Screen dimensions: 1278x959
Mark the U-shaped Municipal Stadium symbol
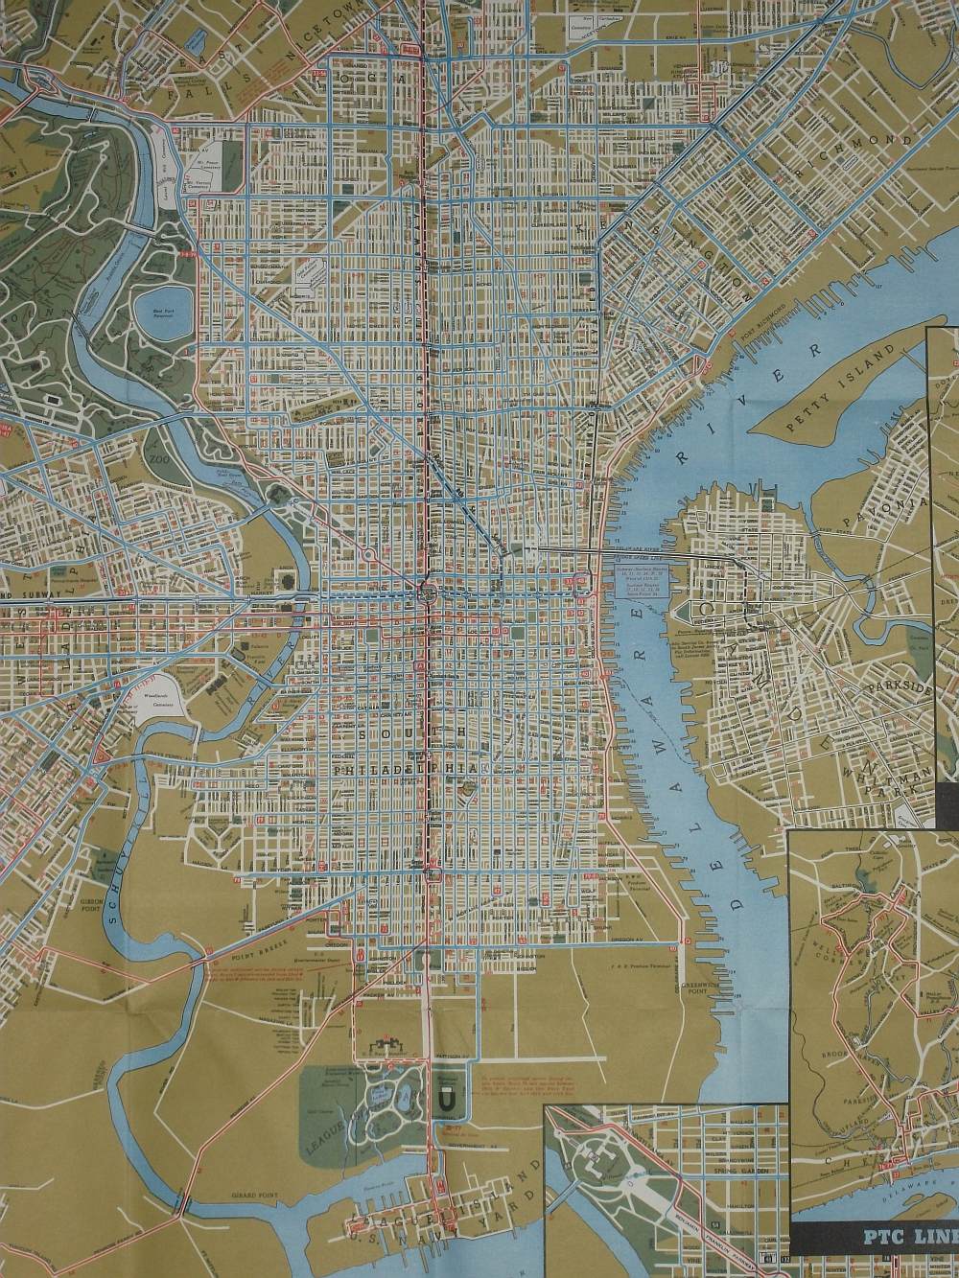click(x=442, y=1104)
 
